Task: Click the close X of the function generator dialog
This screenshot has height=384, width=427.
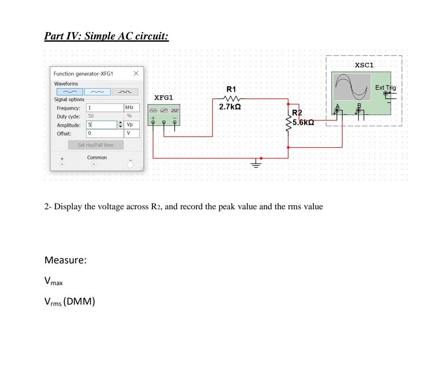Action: point(136,73)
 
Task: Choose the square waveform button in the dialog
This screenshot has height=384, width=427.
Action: point(125,92)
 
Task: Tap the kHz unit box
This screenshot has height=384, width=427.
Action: point(131,108)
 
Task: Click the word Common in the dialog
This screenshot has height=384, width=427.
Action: point(97,157)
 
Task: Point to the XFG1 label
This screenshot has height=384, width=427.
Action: point(164,97)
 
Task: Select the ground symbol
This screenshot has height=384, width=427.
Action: point(256,165)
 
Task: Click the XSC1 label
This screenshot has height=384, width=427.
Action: point(364,65)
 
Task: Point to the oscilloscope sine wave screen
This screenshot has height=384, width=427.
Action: point(353,87)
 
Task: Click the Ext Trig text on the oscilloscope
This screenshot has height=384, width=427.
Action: point(385,88)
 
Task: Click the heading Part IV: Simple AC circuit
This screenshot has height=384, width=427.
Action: point(106,36)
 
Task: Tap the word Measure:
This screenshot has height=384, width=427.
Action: point(65,260)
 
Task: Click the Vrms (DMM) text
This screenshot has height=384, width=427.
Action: point(70,302)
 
